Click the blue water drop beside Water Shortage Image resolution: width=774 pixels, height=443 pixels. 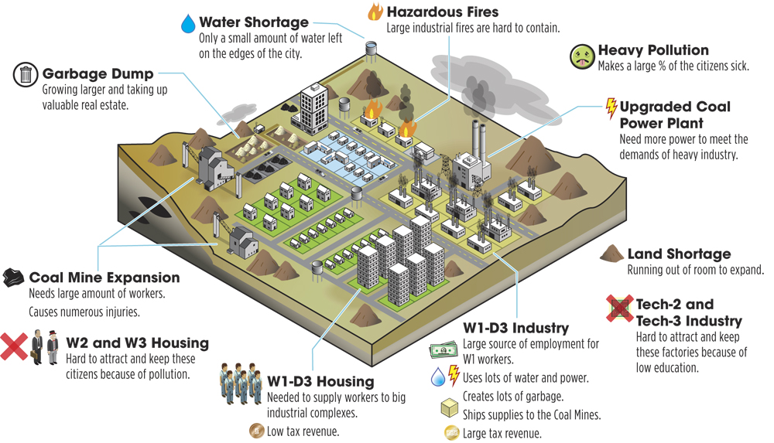pyautogui.click(x=188, y=24)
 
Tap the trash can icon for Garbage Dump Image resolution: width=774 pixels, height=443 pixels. pyautogui.click(x=26, y=75)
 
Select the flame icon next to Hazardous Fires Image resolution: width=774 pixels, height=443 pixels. pyautogui.click(x=375, y=12)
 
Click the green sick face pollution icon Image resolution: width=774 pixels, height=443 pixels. pyautogui.click(x=583, y=56)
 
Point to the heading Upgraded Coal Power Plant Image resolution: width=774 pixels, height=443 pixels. pyautogui.click(x=675, y=114)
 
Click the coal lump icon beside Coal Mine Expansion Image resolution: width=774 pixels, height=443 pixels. pyautogui.click(x=13, y=278)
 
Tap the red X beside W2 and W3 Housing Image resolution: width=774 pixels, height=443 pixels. pyautogui.click(x=14, y=346)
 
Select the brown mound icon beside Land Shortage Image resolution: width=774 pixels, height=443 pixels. pyautogui.click(x=611, y=254)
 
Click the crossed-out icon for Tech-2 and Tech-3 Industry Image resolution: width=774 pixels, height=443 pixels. pyautogui.click(x=620, y=308)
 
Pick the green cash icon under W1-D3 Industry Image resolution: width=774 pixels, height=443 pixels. pyautogui.click(x=444, y=349)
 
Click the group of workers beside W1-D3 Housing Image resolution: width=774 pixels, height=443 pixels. pyautogui.click(x=241, y=383)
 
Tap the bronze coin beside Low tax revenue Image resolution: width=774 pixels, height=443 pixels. pyautogui.click(x=256, y=431)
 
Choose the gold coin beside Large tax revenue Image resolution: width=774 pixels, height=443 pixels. pyautogui.click(x=452, y=433)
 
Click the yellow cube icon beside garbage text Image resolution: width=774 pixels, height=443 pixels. pyautogui.click(x=450, y=407)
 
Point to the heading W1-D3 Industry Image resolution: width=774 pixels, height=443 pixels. pyautogui.click(x=515, y=328)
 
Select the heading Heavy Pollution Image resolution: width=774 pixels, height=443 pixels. pyautogui.click(x=653, y=50)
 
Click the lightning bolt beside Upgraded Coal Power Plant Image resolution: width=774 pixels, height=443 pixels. pyautogui.click(x=611, y=108)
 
